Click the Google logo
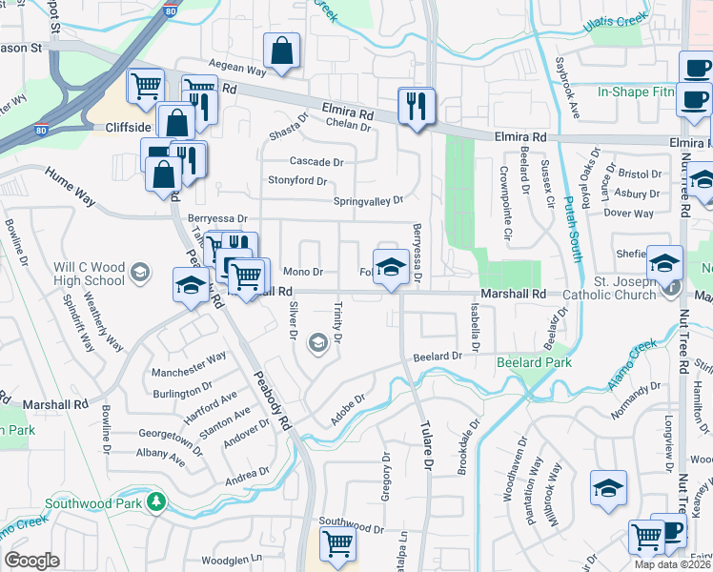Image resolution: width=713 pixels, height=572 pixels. [31, 560]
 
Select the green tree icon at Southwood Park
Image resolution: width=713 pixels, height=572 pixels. [154, 501]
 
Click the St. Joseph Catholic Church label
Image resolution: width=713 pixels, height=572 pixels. [612, 288]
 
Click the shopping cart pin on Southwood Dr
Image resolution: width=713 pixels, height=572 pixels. [337, 543]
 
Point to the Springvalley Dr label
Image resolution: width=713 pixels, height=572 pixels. [368, 201]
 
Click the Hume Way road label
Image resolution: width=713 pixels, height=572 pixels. [70, 185]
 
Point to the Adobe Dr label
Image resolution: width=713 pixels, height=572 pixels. [347, 411]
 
